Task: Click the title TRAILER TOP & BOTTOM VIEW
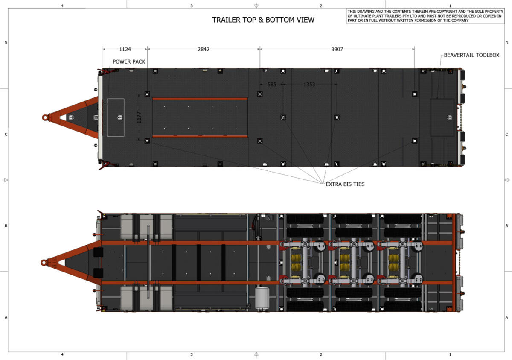point(263,20)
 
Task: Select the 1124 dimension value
point(125,49)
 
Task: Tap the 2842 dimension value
point(204,49)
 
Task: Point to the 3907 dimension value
point(337,49)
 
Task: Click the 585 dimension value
point(272,85)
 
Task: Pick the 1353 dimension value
point(309,85)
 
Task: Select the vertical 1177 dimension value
point(138,117)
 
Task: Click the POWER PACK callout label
point(129,61)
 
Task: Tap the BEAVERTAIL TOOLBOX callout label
point(471,55)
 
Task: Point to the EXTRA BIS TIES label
point(345,184)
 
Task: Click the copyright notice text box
point(425,16)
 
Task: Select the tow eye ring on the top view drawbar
point(45,117)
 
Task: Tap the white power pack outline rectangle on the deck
point(115,117)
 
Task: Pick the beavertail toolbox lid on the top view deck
point(442,117)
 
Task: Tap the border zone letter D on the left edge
point(6,43)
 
